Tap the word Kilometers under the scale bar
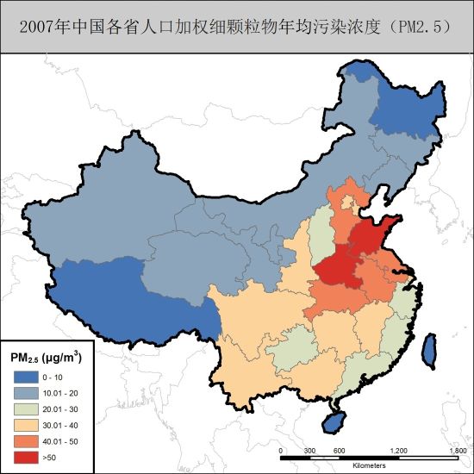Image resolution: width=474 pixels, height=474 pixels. (x=369, y=465)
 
